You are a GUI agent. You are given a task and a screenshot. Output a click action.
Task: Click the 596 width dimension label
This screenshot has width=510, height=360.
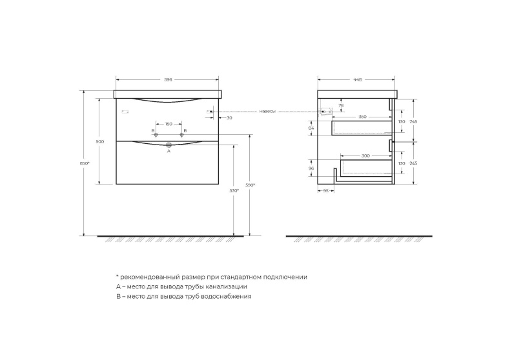click(x=168, y=79)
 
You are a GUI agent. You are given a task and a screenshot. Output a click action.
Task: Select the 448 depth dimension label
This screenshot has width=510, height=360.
click(x=357, y=79)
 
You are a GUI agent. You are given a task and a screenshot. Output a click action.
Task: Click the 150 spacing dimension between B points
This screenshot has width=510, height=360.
click(x=168, y=123)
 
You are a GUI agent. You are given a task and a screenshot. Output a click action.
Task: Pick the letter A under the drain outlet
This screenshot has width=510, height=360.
click(x=168, y=151)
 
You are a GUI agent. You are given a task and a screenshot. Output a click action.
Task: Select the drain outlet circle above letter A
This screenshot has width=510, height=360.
click(x=168, y=145)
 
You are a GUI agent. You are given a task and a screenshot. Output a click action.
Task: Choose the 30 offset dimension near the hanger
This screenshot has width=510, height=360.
click(x=229, y=117)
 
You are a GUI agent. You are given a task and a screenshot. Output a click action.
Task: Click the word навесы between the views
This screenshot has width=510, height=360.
click(x=267, y=111)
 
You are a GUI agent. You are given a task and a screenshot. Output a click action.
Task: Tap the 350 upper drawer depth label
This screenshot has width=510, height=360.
click(x=362, y=117)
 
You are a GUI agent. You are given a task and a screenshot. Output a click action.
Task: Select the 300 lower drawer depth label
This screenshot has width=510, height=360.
click(x=366, y=156)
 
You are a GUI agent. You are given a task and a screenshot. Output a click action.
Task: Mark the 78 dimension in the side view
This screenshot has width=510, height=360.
click(x=341, y=105)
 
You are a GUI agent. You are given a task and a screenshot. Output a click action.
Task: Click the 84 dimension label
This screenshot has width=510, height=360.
click(x=311, y=128)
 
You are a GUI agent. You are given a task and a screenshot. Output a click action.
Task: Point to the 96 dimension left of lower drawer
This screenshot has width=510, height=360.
click(x=311, y=168)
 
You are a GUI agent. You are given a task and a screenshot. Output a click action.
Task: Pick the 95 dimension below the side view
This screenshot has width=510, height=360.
click(x=326, y=191)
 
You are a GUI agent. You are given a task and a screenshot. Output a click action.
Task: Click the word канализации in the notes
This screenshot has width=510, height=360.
click(x=226, y=286)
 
